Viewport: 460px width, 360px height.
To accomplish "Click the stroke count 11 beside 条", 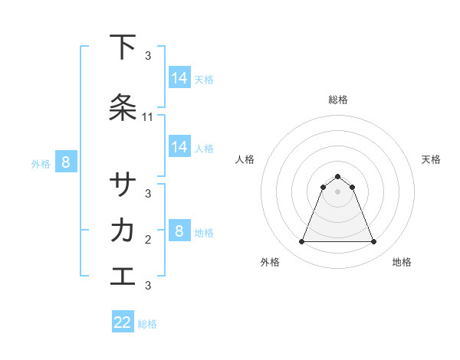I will point(148,117).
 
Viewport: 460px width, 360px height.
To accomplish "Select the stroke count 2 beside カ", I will point(148,240).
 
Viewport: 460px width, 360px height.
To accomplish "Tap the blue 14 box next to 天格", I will point(179,78).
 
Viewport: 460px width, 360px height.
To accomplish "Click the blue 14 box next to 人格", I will point(179,147).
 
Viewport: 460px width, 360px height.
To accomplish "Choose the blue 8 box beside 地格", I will point(179,231).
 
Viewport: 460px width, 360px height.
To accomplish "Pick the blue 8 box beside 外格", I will point(66,162).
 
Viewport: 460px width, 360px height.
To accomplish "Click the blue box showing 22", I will point(123,322).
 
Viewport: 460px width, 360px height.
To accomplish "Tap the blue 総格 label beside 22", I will point(147,324).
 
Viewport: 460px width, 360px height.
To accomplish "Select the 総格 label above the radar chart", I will point(338,100).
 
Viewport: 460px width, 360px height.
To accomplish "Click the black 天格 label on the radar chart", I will point(432,159).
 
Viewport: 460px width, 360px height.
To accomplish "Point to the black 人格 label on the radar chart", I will point(245,159).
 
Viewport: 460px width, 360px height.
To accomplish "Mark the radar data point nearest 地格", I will point(374,242).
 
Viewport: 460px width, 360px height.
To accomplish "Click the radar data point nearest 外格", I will point(302,242).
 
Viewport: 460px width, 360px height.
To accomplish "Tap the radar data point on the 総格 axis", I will point(338,176).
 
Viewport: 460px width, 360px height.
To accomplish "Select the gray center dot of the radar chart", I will point(338,191).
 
